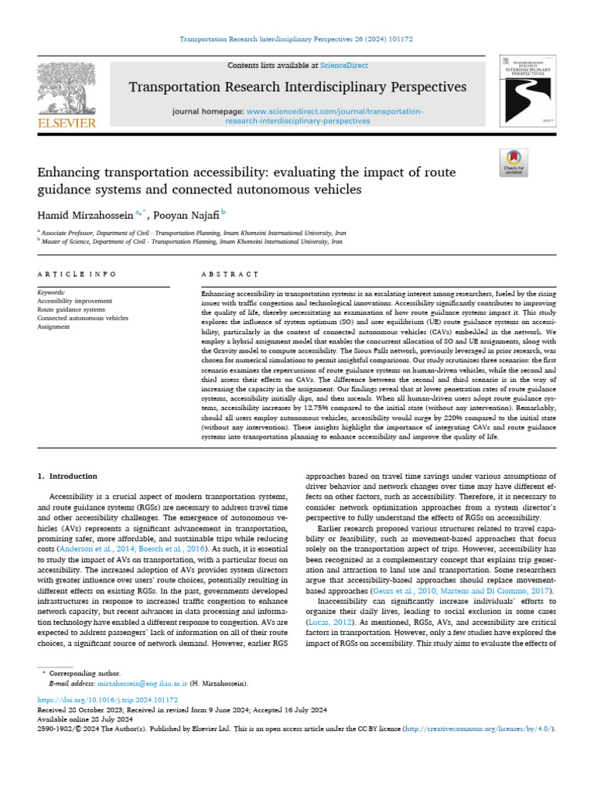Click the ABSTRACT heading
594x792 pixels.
(x=229, y=274)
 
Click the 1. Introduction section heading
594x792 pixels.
(x=68, y=476)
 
